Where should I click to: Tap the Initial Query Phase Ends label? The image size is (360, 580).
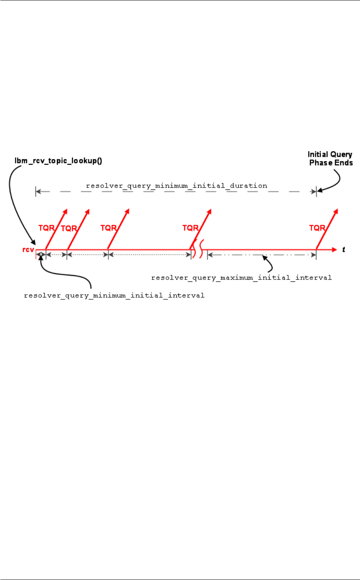331,159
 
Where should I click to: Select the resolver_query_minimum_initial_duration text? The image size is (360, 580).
176,186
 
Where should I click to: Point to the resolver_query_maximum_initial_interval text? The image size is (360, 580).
241,278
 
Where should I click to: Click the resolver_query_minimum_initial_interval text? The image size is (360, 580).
114,295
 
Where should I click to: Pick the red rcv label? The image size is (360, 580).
28,250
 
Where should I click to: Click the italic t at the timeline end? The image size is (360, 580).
343,250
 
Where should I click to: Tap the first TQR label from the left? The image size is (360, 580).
46,228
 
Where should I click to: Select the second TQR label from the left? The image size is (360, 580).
69,228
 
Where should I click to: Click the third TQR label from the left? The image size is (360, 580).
108,228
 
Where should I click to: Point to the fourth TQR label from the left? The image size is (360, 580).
190,228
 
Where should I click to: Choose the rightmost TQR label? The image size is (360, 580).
317,228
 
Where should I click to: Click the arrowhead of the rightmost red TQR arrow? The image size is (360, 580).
336,211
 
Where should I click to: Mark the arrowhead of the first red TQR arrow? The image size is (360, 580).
66,211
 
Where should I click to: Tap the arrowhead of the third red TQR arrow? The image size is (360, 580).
128,211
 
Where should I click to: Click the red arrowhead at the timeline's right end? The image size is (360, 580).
334,250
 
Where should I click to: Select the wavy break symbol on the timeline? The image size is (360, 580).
199,250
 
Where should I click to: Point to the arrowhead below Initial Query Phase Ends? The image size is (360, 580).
319,190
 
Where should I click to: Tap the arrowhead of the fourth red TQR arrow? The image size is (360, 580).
210,211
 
